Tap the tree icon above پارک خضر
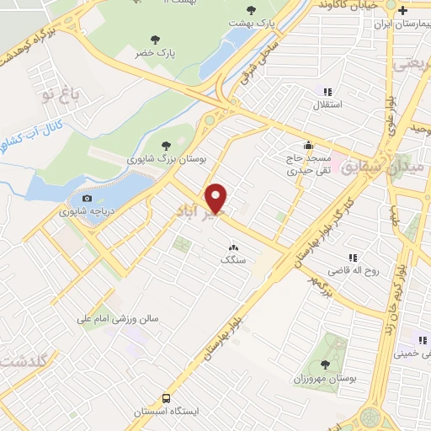154,39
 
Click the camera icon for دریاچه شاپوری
87,199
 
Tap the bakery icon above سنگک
232,247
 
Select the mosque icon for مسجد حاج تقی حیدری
310,145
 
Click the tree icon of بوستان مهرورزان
325,364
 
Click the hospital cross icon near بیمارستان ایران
403,11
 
